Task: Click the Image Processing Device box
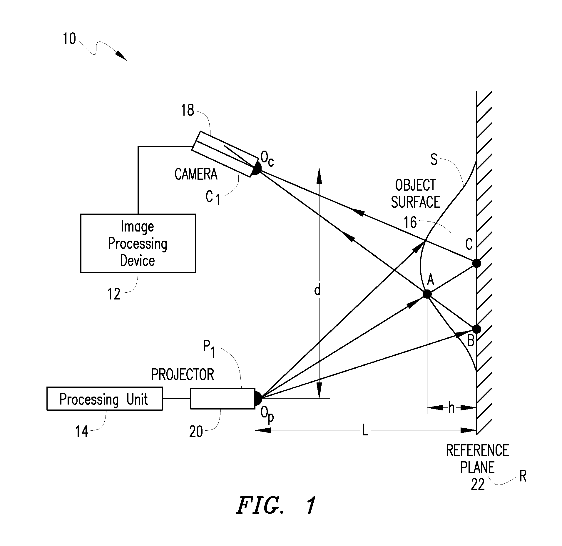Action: [138, 243]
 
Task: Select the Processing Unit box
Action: [104, 399]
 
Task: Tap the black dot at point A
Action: [427, 294]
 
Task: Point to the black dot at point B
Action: [476, 329]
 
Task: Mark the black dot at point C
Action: [476, 263]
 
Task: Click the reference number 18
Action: [188, 110]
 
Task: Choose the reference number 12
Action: [114, 294]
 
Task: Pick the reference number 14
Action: [82, 432]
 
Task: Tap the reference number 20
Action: [196, 432]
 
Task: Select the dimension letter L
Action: [365, 431]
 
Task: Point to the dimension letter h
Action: [451, 408]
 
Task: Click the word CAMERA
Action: [196, 174]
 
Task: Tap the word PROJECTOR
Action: [183, 374]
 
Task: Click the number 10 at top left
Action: [69, 39]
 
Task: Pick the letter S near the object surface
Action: [434, 159]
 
